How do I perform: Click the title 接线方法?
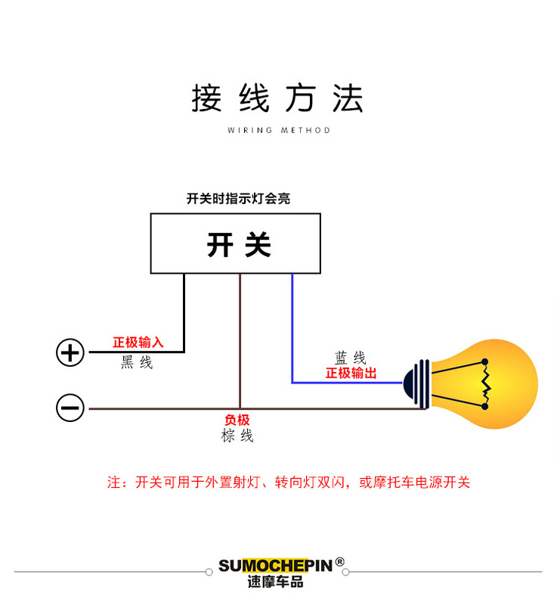point(277,99)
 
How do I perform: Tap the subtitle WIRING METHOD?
point(279,130)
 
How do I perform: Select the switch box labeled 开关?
point(235,243)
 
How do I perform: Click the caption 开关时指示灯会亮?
point(238,199)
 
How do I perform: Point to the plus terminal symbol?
point(70,352)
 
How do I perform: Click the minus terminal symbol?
point(70,408)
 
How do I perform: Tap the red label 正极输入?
point(138,343)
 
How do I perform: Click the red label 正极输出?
point(351,374)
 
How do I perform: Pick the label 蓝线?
point(351,358)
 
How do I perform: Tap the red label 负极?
point(237,420)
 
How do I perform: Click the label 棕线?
point(237,436)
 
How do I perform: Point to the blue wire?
point(292,333)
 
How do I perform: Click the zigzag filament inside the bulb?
point(487,384)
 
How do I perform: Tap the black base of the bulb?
point(418,384)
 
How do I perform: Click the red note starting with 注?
point(288,482)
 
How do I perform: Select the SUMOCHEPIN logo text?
point(276,566)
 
